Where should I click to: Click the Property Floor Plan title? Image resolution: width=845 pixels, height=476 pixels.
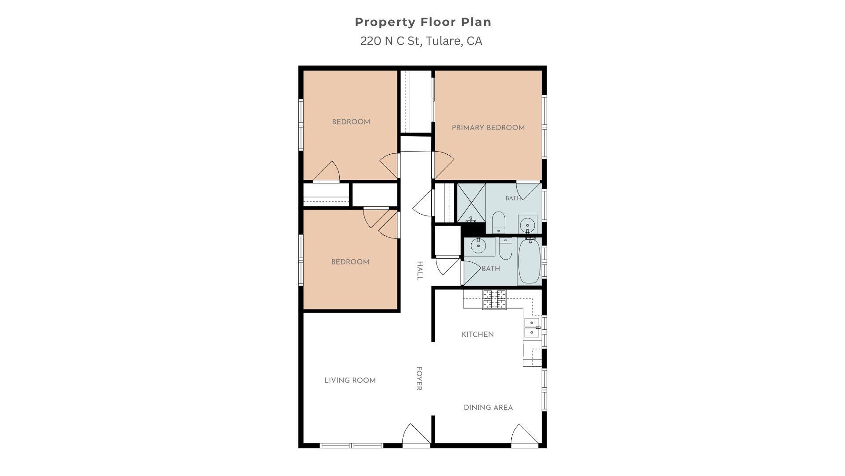click(423, 22)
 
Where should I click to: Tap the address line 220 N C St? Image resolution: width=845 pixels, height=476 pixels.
click(421, 41)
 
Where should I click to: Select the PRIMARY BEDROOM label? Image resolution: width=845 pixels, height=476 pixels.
click(488, 128)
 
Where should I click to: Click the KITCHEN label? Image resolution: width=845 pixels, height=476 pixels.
click(478, 335)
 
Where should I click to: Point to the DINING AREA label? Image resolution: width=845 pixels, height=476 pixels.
click(488, 408)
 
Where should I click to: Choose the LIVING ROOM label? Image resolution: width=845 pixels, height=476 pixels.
click(350, 380)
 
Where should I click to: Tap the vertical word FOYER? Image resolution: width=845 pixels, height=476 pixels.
click(419, 378)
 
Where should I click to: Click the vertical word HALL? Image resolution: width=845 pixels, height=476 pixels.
click(419, 271)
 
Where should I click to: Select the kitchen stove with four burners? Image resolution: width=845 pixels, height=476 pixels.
click(494, 299)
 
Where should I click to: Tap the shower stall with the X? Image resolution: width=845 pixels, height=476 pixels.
click(471, 203)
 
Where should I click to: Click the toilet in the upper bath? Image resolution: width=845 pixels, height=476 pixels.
click(499, 222)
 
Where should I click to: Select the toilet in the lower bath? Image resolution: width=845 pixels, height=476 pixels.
click(505, 248)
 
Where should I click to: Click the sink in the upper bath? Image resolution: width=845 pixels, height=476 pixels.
click(527, 224)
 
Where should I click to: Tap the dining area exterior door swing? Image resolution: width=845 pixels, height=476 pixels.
click(525, 434)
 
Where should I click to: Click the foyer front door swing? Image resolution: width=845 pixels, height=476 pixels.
click(416, 434)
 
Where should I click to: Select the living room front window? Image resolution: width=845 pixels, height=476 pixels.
click(351, 446)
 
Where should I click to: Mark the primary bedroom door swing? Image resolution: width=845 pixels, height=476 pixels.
click(444, 165)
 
